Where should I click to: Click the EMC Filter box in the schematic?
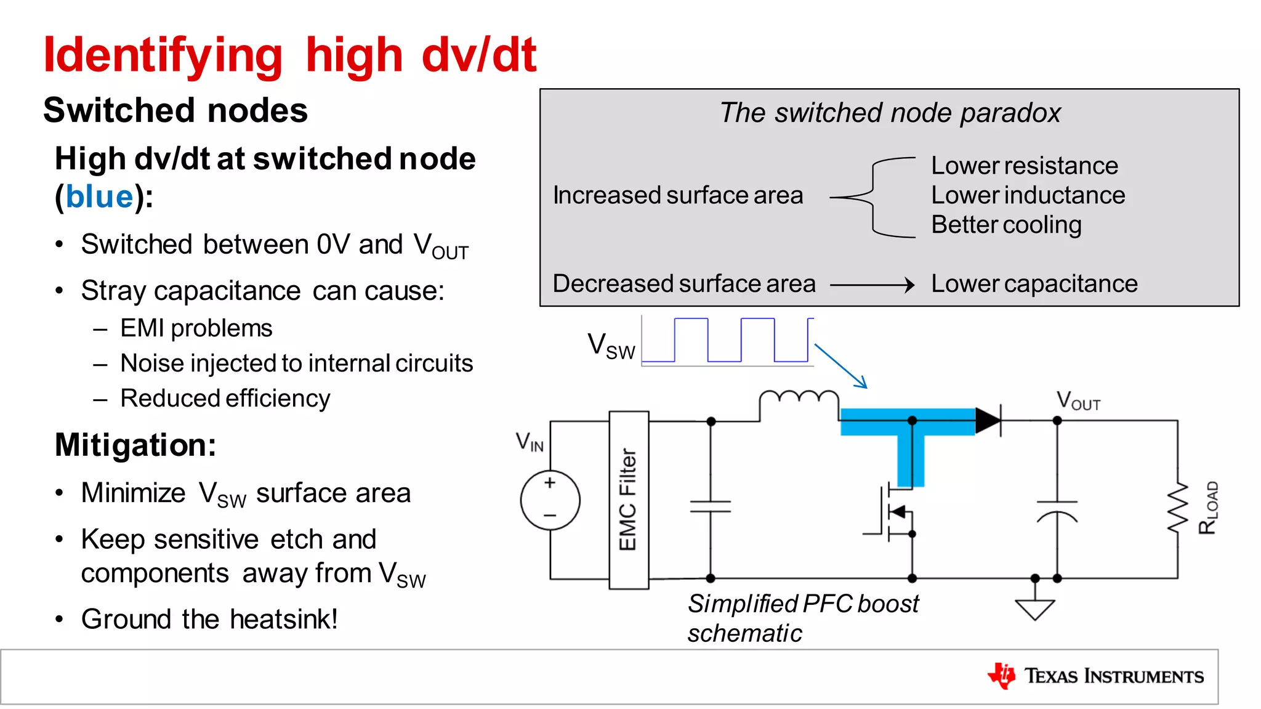pyautogui.click(x=628, y=500)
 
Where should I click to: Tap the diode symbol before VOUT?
pyautogui.click(x=988, y=421)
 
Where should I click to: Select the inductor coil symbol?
pyautogui.click(x=799, y=399)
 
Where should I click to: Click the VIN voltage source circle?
pyautogui.click(x=550, y=500)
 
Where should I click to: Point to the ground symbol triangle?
pyautogui.click(x=1035, y=609)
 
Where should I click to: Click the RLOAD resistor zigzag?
pyautogui.click(x=1178, y=509)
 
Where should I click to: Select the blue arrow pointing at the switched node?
pyautogui.click(x=840, y=366)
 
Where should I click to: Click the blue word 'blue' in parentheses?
pyautogui.click(x=99, y=197)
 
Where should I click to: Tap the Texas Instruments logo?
pyautogui.click(x=1095, y=676)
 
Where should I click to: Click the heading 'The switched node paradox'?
pyautogui.click(x=890, y=113)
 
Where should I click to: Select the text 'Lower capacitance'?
pyautogui.click(x=1034, y=284)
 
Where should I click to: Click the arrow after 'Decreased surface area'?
pyautogui.click(x=872, y=285)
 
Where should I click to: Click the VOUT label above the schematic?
pyautogui.click(x=1078, y=401)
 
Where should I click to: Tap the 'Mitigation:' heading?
pyautogui.click(x=135, y=445)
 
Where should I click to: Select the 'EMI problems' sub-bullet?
pyautogui.click(x=196, y=328)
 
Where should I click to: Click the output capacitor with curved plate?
pyautogui.click(x=1057, y=511)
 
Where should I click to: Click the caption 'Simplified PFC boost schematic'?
pyautogui.click(x=802, y=618)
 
